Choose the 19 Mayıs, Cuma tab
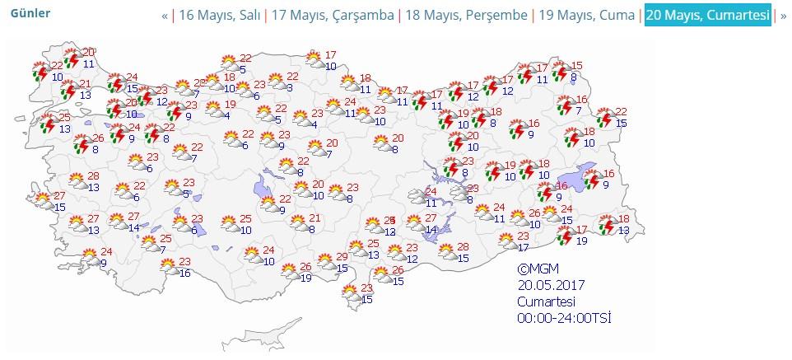click(x=586, y=16)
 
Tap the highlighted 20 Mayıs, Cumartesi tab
click(x=708, y=16)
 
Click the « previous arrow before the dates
click(x=165, y=16)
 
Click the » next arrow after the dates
click(x=783, y=16)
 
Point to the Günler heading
click(x=30, y=14)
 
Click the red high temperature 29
click(x=342, y=258)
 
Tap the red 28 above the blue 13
click(x=93, y=176)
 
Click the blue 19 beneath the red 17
click(x=581, y=240)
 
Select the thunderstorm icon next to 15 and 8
click(x=561, y=72)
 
